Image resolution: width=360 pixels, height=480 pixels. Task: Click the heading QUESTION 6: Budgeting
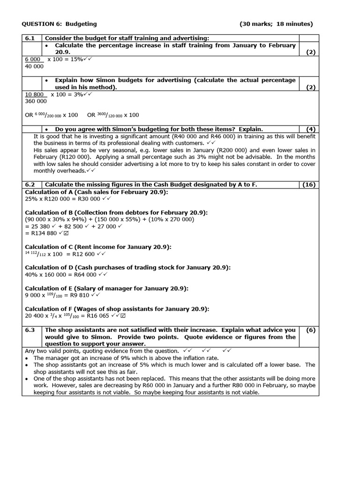(x=60, y=24)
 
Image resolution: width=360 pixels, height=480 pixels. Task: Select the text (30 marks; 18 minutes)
(x=276, y=24)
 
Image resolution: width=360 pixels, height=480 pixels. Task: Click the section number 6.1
(x=31, y=38)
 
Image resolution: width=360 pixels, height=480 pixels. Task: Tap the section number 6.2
(x=31, y=185)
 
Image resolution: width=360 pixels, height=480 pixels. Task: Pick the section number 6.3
(x=31, y=330)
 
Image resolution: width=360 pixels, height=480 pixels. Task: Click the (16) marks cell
(x=309, y=185)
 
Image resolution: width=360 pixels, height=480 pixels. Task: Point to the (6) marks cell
(x=310, y=330)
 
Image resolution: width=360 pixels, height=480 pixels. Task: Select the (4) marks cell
(x=310, y=129)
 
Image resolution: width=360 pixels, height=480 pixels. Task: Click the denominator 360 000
(x=36, y=101)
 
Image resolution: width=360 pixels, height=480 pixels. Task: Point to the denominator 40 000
(x=34, y=66)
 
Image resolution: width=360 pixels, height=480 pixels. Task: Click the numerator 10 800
(x=36, y=94)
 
